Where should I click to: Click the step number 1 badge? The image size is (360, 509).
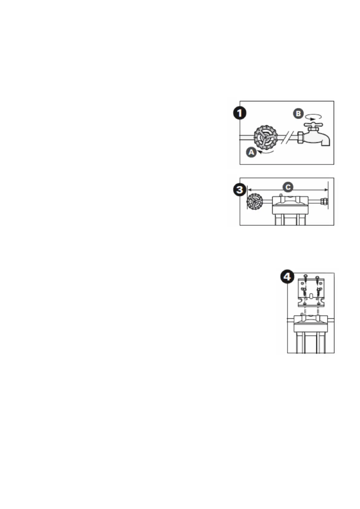(x=240, y=113)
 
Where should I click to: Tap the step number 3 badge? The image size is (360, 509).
(x=240, y=190)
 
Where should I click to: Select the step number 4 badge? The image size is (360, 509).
(x=287, y=277)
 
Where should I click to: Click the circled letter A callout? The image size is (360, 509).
(x=251, y=152)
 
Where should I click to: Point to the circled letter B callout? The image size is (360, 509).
(x=298, y=114)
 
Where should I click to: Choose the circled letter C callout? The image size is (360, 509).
(x=288, y=187)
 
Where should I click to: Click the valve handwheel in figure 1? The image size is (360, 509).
(x=265, y=137)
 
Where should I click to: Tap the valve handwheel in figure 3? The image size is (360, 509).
(x=255, y=202)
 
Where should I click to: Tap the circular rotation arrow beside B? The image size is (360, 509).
(x=313, y=116)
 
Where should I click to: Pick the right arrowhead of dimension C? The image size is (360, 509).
(x=326, y=190)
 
